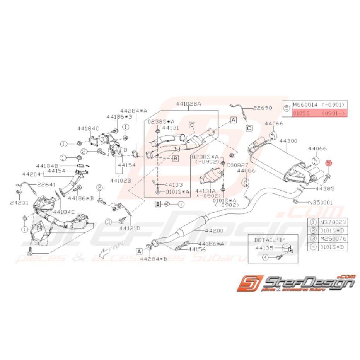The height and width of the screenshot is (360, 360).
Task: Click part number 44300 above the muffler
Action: (x=289, y=142)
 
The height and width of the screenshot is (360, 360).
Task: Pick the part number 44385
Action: (x=324, y=189)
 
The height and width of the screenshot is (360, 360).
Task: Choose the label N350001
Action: (x=320, y=202)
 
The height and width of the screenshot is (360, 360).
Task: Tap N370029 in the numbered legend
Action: (x=331, y=222)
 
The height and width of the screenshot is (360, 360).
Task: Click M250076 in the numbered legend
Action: (x=331, y=239)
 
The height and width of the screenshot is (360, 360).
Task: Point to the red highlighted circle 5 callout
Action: (x=328, y=164)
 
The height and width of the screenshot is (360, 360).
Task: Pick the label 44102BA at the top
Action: (x=189, y=104)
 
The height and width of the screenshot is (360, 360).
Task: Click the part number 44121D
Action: (x=130, y=228)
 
